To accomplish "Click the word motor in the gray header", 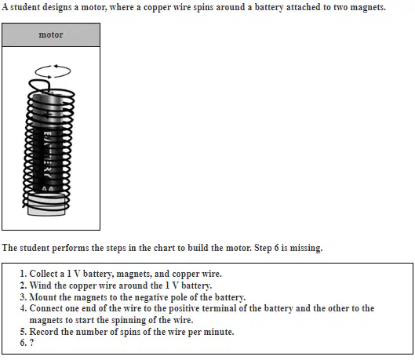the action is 51,35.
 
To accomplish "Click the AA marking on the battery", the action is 48,189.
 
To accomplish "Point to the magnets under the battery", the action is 46,205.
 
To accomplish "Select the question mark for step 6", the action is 31,343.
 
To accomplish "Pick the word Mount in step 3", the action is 42,297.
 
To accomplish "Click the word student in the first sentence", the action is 25,7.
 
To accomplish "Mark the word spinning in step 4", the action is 129,320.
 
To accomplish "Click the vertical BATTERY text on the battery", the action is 48,155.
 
